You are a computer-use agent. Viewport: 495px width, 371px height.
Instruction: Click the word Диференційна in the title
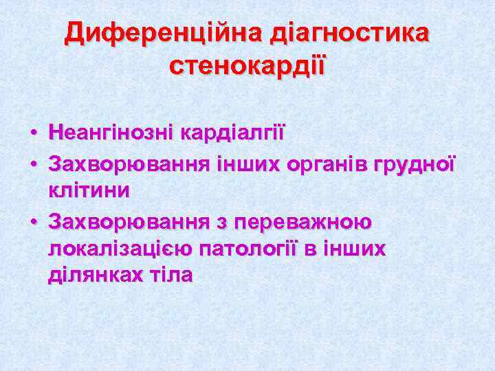click(x=162, y=33)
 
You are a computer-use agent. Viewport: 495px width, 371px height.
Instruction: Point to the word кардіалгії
click(x=232, y=132)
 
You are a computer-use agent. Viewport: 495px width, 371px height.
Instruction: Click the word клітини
click(x=89, y=190)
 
